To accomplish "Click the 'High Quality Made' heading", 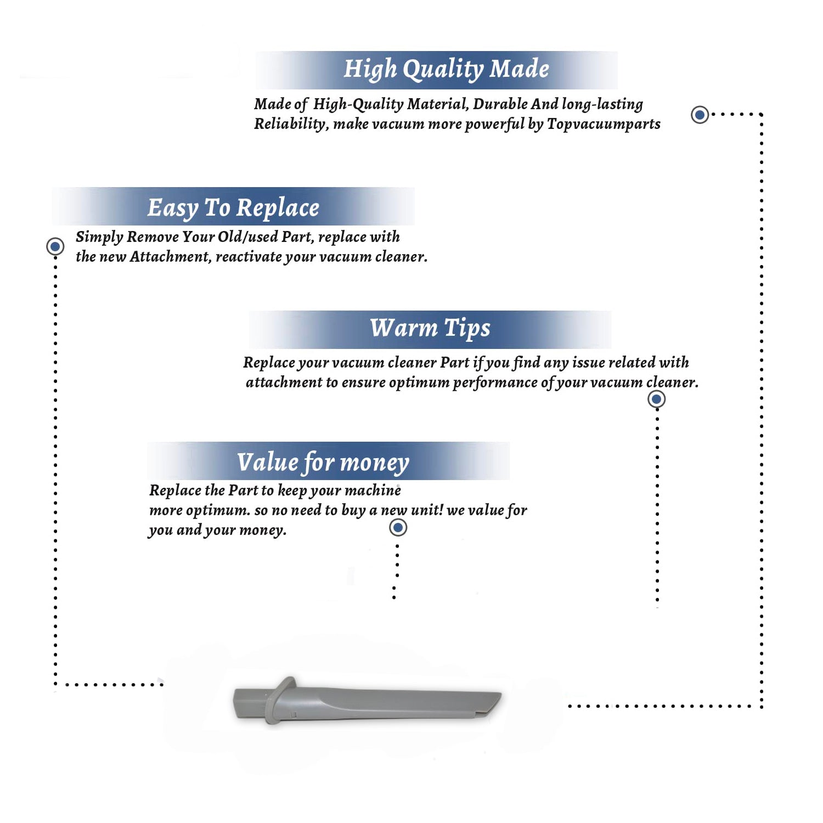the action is point(446,70).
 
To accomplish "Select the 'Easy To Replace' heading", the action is point(233,208).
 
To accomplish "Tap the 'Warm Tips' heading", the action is point(430,329).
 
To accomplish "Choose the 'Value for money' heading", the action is point(323,463).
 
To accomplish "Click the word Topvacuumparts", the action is point(604,125).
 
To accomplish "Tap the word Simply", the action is point(99,237).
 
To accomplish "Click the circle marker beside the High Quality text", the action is point(700,115).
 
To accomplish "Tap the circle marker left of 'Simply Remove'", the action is point(55,246).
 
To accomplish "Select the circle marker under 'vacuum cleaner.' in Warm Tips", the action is point(656,399).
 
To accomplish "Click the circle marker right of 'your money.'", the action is point(398,528).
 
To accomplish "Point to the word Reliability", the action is point(291,125).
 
